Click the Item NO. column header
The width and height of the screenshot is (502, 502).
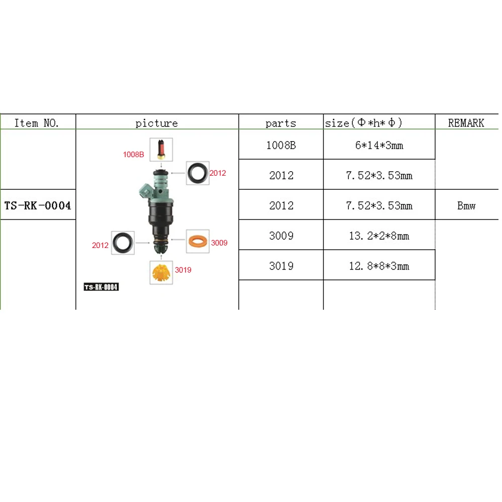[37, 122]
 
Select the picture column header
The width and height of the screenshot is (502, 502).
[157, 123]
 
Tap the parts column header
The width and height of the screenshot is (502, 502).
[281, 123]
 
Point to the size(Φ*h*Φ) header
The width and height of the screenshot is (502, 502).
[364, 122]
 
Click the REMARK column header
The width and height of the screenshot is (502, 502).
[466, 122]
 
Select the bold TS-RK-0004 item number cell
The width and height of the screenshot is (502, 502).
[38, 205]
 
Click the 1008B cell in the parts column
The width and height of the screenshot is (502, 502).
[281, 146]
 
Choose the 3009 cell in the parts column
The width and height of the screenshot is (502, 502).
[281, 235]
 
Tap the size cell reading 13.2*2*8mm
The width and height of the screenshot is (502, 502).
[379, 235]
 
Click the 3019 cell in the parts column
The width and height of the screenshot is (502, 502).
[281, 266]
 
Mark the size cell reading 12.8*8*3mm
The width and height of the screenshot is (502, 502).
[379, 266]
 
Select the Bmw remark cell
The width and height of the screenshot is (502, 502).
[466, 205]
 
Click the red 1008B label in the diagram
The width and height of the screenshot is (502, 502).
[134, 155]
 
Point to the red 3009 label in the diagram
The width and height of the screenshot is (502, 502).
[219, 243]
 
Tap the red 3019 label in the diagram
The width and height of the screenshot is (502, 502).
[183, 270]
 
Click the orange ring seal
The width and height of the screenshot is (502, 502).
[198, 242]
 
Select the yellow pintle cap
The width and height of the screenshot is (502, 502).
[161, 273]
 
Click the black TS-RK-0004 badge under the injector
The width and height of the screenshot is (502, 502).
[101, 287]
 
